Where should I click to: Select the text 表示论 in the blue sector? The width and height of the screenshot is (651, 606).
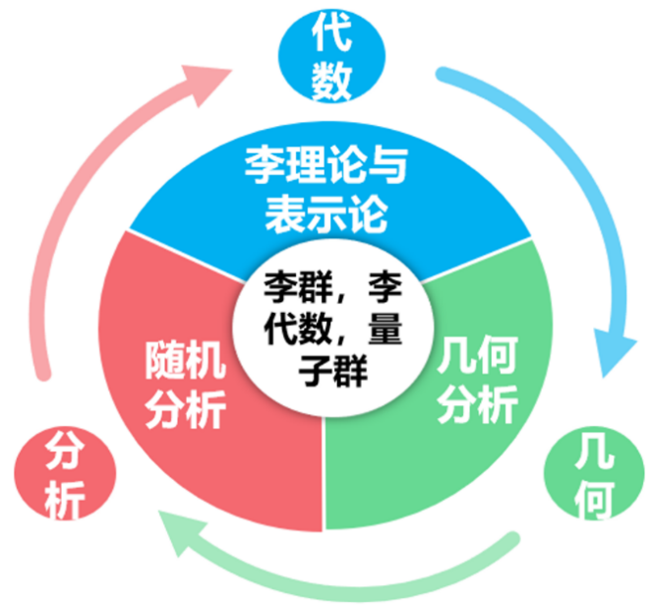(324, 212)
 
